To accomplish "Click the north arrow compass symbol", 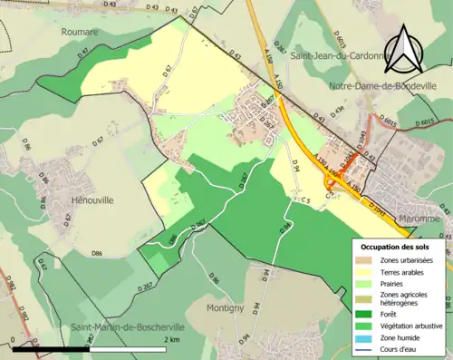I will pos(405,48).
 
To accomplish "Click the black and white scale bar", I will pos(101,348).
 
